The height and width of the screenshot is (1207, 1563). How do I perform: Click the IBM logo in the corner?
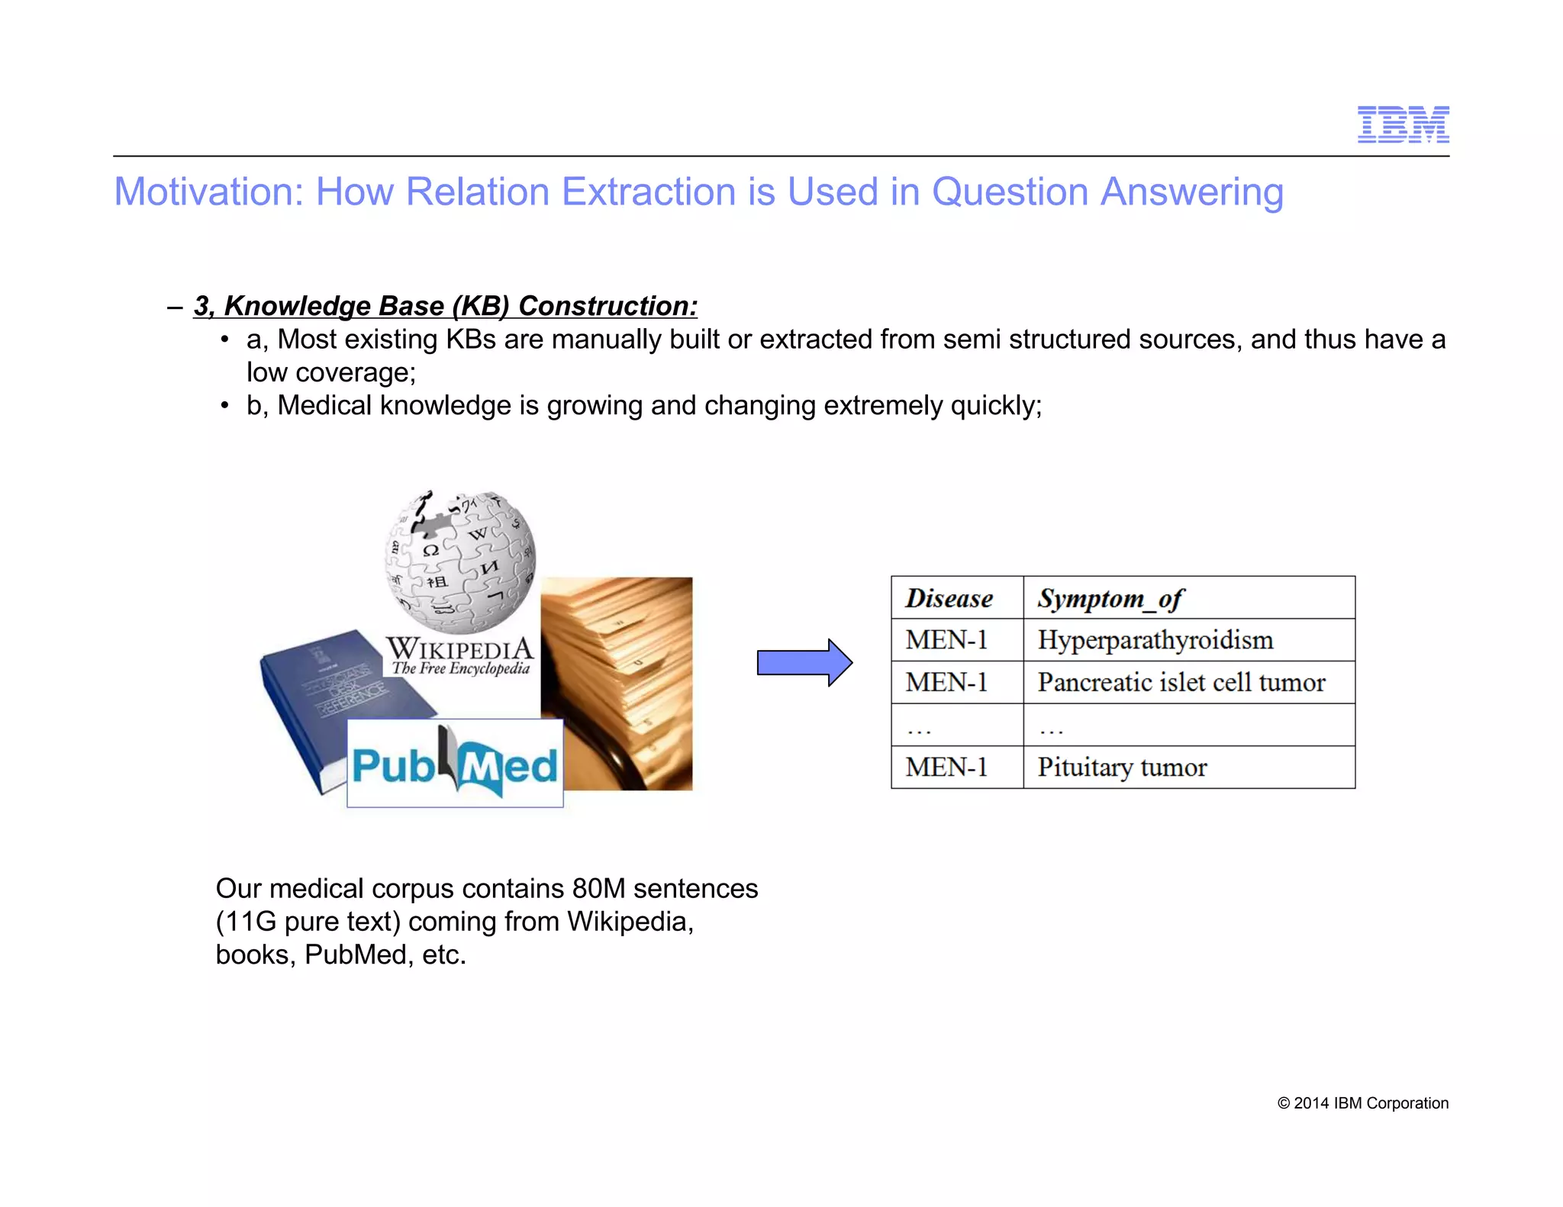click(1403, 124)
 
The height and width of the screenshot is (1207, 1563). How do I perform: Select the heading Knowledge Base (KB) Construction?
click(445, 306)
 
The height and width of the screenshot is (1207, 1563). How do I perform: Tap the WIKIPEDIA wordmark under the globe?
click(460, 649)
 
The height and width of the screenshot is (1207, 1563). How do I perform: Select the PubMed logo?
click(455, 764)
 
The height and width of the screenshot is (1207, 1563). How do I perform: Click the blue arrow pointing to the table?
click(804, 662)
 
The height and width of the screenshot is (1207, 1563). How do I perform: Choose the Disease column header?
click(949, 598)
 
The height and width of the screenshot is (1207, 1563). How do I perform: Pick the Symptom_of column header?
click(1110, 599)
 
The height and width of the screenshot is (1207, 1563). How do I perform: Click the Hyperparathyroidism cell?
click(1155, 639)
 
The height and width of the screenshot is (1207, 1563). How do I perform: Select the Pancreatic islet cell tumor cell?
click(1181, 682)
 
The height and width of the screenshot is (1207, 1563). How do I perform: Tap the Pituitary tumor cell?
click(1122, 767)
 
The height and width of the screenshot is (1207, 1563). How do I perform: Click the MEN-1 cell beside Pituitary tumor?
click(946, 767)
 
